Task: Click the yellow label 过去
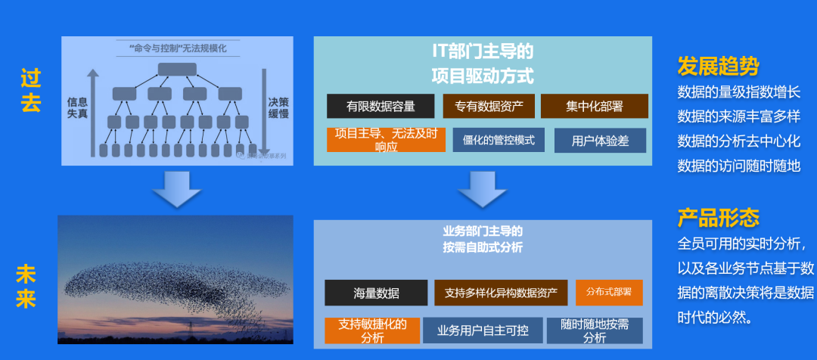[31, 91]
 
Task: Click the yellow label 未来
[26, 285]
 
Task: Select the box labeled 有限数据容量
[381, 106]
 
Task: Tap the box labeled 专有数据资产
[489, 106]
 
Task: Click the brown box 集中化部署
[594, 106]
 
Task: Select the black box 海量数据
[376, 293]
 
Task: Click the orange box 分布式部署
[609, 292]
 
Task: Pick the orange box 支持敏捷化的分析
[372, 331]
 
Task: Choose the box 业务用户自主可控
[482, 331]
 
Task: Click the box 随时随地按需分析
[595, 331]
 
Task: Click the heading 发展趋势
[718, 67]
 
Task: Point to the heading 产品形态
[718, 219]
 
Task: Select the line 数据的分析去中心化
[738, 141]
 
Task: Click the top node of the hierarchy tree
[177, 70]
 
